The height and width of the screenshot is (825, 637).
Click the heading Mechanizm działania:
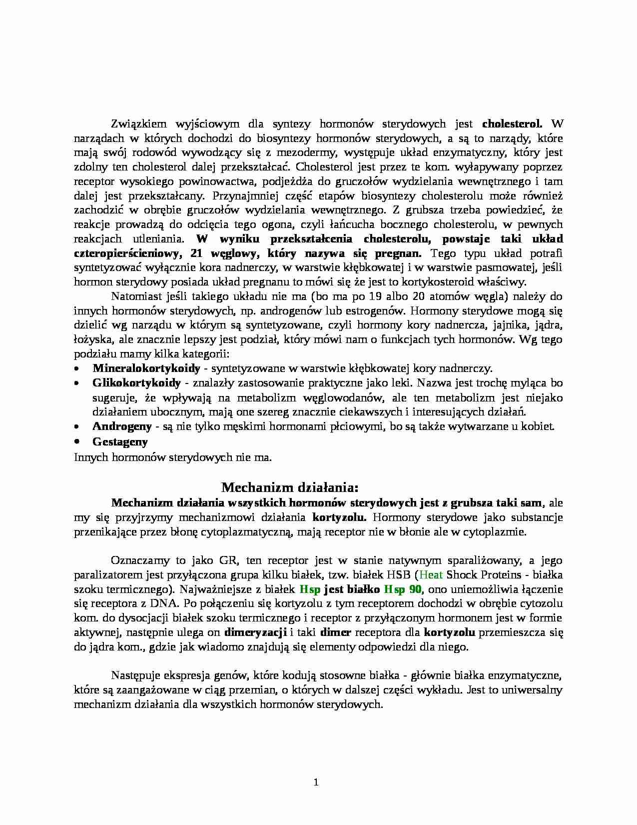(290, 487)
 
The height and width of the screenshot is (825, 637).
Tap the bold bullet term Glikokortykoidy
(136, 383)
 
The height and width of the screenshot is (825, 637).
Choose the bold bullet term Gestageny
(120, 441)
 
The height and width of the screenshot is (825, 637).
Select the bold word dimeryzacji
(255, 632)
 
